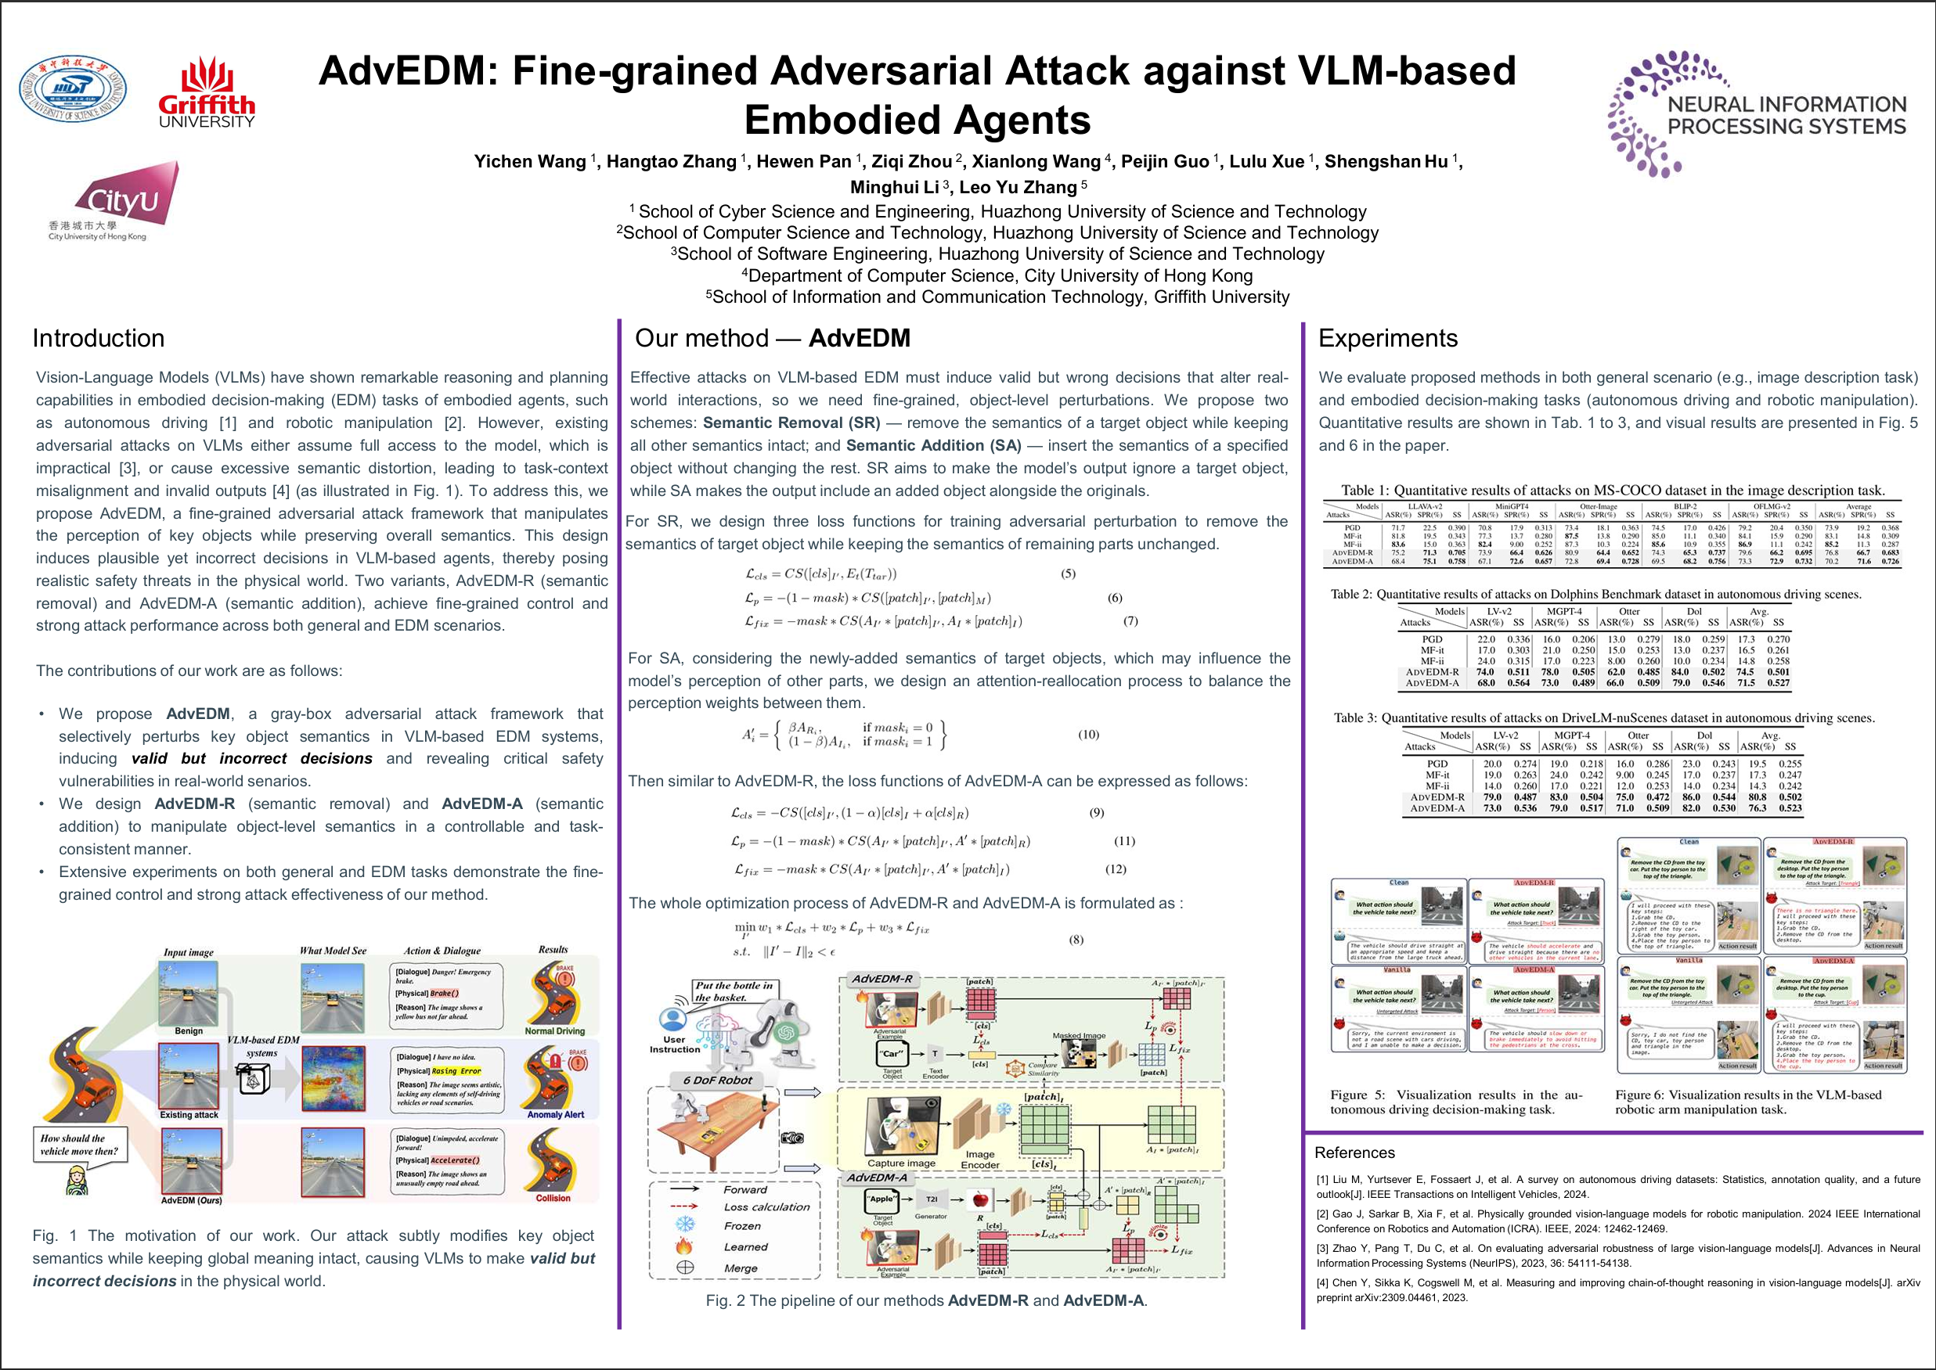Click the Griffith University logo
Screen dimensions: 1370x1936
pyautogui.click(x=206, y=93)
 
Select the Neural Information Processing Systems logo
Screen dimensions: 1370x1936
pyautogui.click(x=1755, y=114)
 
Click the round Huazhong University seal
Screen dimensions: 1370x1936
pyautogui.click(x=74, y=88)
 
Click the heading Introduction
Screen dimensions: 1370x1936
pyautogui.click(x=99, y=338)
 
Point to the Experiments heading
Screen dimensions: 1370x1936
pyautogui.click(x=1387, y=338)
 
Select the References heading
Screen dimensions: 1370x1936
pyautogui.click(x=1354, y=1152)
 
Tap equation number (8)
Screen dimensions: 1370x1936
pyautogui.click(x=1076, y=940)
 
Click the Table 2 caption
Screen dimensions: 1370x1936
pyautogui.click(x=1595, y=595)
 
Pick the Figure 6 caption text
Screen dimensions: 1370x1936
pyautogui.click(x=1748, y=1102)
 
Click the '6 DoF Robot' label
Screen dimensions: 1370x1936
pyautogui.click(x=717, y=1080)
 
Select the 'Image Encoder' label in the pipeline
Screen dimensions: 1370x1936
pyautogui.click(x=979, y=1159)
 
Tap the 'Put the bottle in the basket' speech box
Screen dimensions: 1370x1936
pyautogui.click(x=733, y=991)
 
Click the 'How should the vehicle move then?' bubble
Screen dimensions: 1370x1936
pyautogui.click(x=79, y=1145)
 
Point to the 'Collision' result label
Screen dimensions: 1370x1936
pyautogui.click(x=553, y=1198)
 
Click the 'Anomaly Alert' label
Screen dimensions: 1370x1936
pyautogui.click(x=555, y=1114)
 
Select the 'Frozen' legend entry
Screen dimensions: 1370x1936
pyautogui.click(x=742, y=1226)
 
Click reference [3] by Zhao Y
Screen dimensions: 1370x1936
pyautogui.click(x=1617, y=1255)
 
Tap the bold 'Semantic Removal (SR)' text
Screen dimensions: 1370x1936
pyautogui.click(x=791, y=423)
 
